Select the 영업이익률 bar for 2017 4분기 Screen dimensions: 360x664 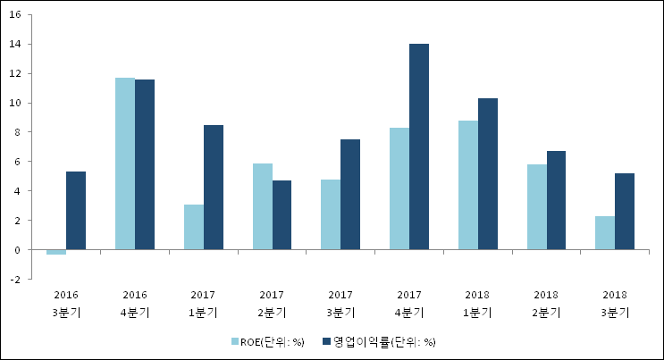[419, 147]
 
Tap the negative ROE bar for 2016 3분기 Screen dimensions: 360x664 [56, 252]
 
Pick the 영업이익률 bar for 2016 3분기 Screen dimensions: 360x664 [76, 210]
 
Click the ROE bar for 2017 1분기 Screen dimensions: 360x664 [194, 227]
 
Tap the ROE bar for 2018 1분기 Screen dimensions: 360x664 [468, 185]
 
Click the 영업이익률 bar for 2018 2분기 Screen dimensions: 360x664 [556, 200]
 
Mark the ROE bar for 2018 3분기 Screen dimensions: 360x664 [605, 232]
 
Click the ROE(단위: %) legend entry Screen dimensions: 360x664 [267, 341]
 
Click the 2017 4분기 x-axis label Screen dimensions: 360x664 [409, 303]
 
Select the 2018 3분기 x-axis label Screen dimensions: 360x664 [615, 303]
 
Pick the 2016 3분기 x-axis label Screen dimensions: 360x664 [66, 303]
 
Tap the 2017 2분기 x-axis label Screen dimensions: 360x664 [272, 303]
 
